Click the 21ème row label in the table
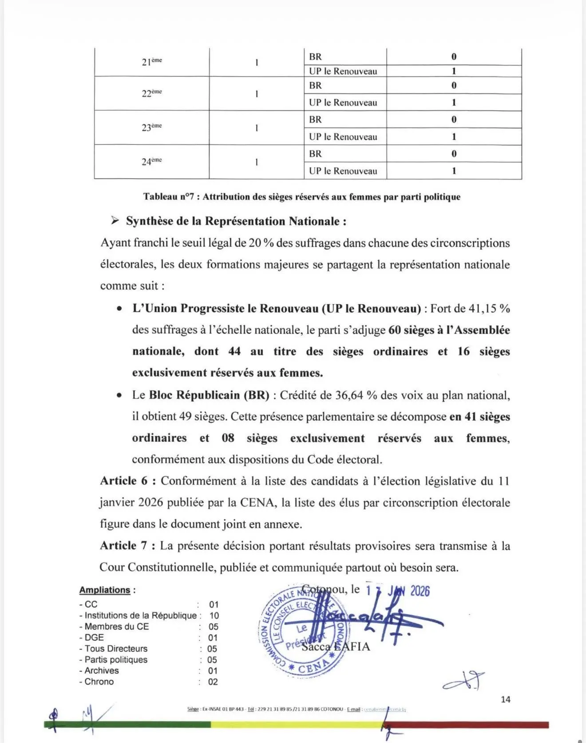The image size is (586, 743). (151, 62)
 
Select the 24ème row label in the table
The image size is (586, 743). (151, 161)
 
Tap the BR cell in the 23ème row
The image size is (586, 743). (316, 119)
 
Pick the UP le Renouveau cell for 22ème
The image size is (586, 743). (343, 103)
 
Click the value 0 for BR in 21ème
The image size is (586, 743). (454, 57)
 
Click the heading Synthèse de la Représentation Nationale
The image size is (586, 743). (236, 221)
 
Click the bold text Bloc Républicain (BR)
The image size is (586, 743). (209, 395)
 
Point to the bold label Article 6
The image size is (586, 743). (127, 481)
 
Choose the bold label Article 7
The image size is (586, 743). (127, 546)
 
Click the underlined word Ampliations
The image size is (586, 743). (105, 590)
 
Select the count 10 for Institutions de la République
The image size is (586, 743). (214, 616)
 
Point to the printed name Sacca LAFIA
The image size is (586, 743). (336, 646)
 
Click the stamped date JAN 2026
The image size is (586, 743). (408, 591)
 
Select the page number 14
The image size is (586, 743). (505, 699)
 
